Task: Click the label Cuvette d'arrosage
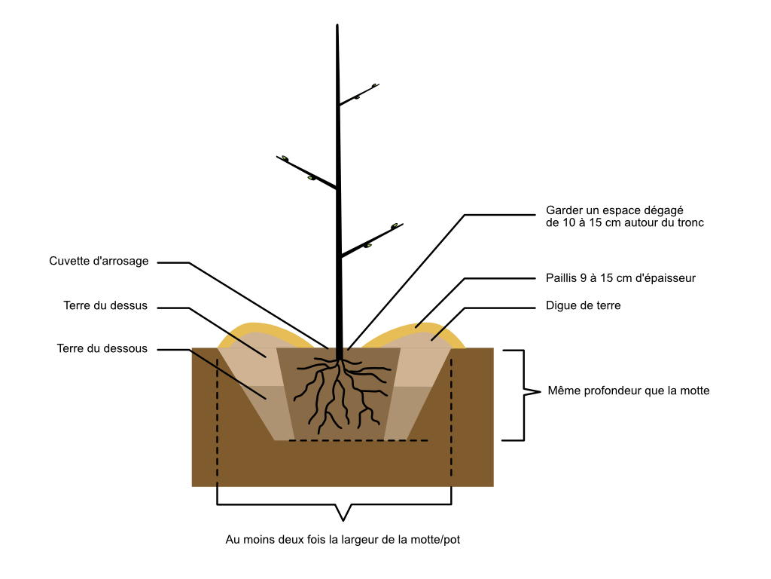click(x=99, y=261)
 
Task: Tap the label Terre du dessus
click(x=105, y=305)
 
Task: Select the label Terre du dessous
click(x=102, y=348)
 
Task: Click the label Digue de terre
click(x=584, y=305)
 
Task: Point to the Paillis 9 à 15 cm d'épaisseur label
click(x=620, y=278)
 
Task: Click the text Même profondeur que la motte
click(x=629, y=391)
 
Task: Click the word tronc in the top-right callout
click(x=690, y=222)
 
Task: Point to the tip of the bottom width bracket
click(x=343, y=520)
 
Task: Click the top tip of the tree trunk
click(x=337, y=25)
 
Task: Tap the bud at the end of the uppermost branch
click(x=375, y=86)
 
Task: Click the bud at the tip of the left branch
click(x=285, y=158)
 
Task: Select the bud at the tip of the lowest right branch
click(x=395, y=226)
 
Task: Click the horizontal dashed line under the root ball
click(x=358, y=440)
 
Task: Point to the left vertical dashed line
click(x=218, y=418)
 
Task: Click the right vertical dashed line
click(x=452, y=418)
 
